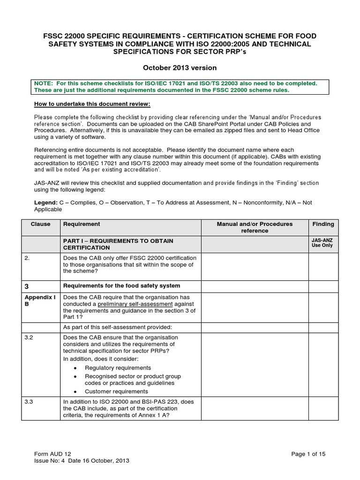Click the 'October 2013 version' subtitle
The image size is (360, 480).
180,68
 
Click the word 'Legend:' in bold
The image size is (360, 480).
46,202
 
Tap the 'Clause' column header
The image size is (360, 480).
40,224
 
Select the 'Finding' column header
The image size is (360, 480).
323,224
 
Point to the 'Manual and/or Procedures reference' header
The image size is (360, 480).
254,227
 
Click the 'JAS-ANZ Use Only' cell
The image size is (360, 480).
323,243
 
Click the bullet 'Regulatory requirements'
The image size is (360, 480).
118,367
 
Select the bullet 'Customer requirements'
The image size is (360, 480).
116,391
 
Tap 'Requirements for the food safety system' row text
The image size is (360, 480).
121,286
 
